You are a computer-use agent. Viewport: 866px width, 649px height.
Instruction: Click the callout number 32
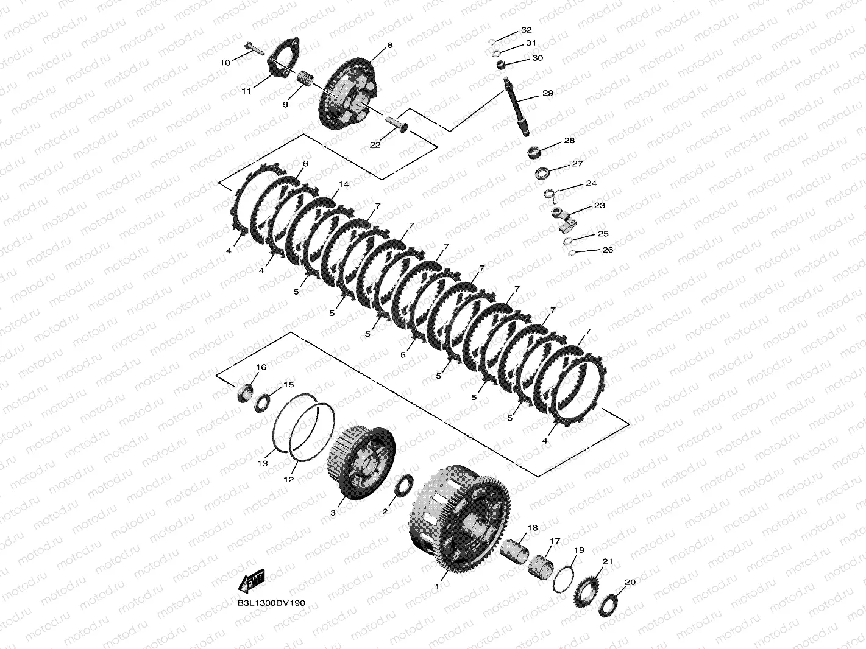[x=527, y=30]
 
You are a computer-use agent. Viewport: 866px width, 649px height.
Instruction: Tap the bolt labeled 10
[x=255, y=48]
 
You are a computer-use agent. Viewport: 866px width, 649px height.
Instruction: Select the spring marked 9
[x=305, y=79]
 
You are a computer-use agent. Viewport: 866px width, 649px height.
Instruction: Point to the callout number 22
[x=375, y=145]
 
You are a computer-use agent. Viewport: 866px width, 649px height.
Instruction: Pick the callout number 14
[x=344, y=184]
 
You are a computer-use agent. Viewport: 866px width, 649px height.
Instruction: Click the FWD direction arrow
[x=252, y=582]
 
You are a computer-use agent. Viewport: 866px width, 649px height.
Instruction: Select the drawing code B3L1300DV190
[x=271, y=603]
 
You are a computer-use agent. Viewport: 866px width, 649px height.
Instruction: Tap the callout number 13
[x=262, y=463]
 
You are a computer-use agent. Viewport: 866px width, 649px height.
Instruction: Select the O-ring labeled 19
[x=563, y=579]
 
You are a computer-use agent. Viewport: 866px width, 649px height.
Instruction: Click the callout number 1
[x=436, y=586]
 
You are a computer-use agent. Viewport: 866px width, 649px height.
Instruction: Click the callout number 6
[x=305, y=164]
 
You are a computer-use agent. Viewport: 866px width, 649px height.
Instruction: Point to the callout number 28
[x=569, y=141]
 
